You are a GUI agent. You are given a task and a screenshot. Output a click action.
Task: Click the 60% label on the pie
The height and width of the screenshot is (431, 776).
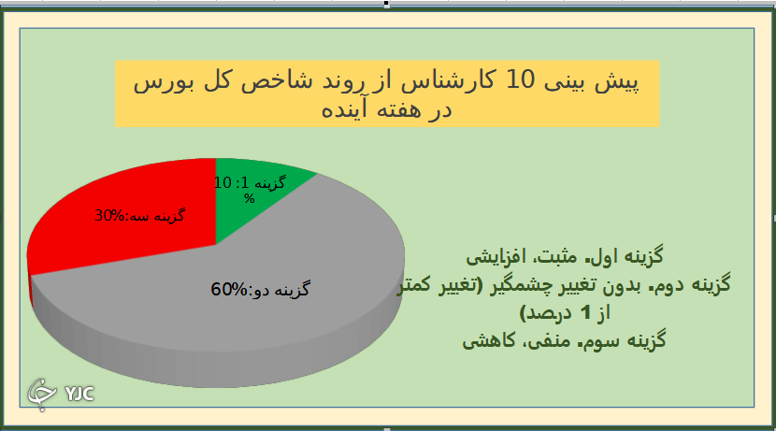click(x=228, y=290)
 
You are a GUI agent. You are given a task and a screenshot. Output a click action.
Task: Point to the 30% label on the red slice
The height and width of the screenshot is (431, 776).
click(x=109, y=216)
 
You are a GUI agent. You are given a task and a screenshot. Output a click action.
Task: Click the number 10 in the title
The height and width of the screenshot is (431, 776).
click(x=521, y=81)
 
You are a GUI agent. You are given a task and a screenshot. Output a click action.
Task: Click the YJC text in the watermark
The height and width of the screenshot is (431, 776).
click(x=79, y=393)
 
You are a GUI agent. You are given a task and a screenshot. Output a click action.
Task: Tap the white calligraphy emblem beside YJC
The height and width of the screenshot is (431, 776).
click(x=42, y=393)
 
